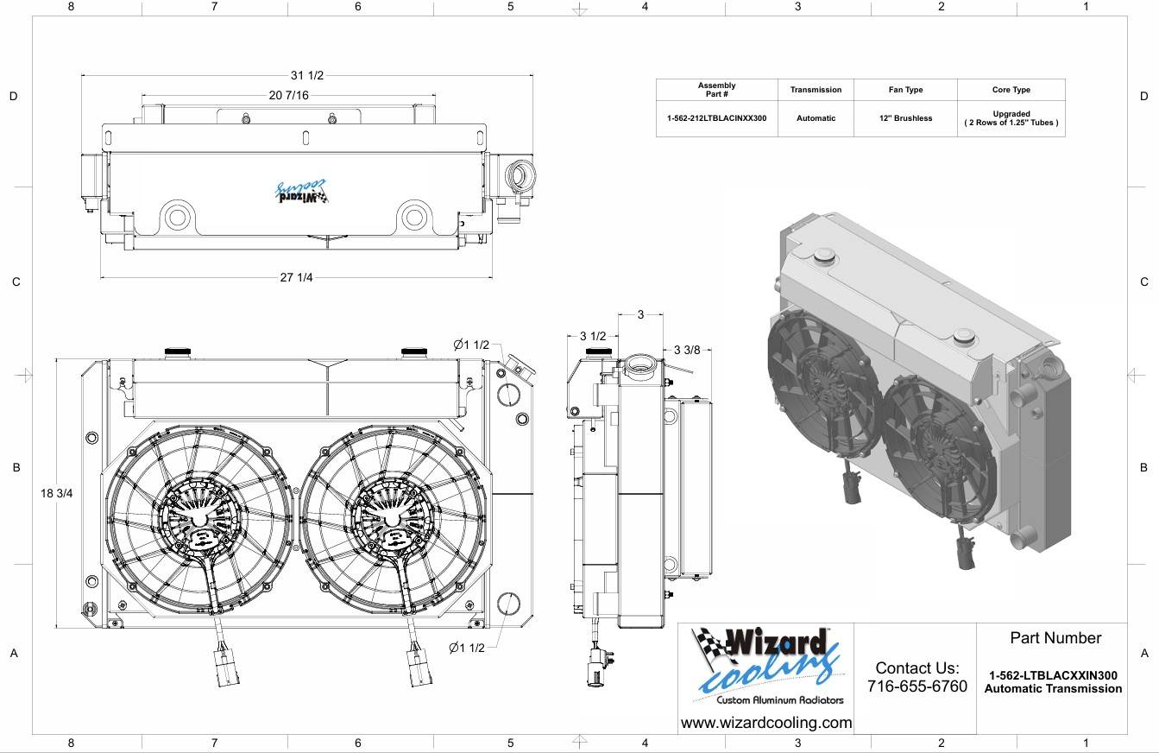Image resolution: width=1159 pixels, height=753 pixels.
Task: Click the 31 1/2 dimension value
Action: [x=307, y=75]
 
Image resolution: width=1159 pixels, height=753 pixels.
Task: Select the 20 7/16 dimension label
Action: [x=288, y=95]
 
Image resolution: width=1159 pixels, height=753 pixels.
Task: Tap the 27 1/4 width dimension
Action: [x=296, y=277]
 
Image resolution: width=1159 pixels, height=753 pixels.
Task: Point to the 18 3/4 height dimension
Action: [x=56, y=494]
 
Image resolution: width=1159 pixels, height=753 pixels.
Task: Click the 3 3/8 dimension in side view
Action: [x=687, y=350]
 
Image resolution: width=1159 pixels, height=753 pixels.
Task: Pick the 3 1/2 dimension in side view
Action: [x=592, y=336]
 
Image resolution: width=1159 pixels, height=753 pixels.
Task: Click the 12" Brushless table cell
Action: [x=905, y=118]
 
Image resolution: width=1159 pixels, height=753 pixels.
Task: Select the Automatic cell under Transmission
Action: [x=816, y=118]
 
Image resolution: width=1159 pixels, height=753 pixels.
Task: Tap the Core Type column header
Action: [x=1011, y=90]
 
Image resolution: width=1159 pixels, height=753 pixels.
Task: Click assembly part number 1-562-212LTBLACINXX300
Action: [x=716, y=118]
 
